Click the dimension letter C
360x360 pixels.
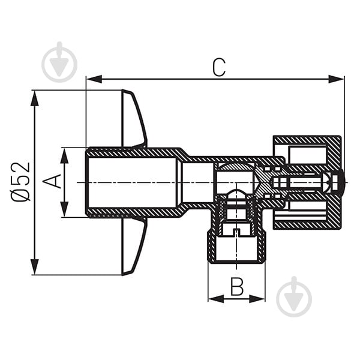(219, 67)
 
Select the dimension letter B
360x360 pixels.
(238, 287)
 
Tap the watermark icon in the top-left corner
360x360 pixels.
(59, 61)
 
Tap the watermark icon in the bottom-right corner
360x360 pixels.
(294, 296)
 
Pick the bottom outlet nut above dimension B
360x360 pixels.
(237, 243)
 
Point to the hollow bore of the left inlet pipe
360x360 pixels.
(132, 182)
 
